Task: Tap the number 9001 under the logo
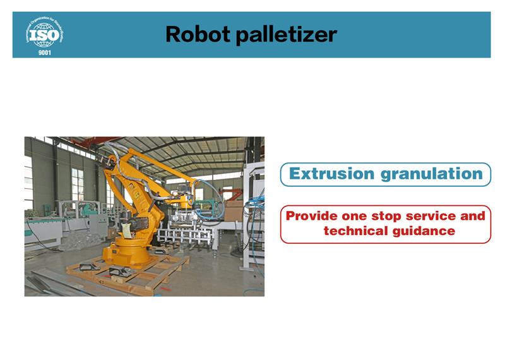tap(44, 53)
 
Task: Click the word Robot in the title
tap(198, 34)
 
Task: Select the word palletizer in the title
tap(287, 35)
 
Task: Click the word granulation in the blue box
tap(432, 174)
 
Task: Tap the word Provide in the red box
tap(311, 215)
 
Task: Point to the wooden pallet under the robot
tap(128, 272)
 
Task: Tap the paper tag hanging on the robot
tap(127, 231)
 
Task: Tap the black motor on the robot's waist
tap(138, 224)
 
